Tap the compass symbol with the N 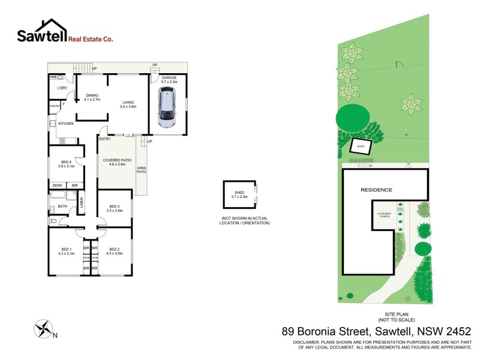click(43, 328)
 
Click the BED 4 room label click(66, 164)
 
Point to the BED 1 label click(66, 251)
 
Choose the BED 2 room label click(115, 251)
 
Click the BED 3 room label click(114, 208)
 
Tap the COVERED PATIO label click(117, 162)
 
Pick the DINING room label click(92, 97)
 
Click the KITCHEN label click(65, 124)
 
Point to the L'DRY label click(62, 88)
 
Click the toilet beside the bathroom click(55, 221)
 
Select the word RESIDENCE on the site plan click(376, 190)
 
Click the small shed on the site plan click(361, 146)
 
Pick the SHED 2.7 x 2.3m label click(239, 194)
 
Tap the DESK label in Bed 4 click(58, 185)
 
